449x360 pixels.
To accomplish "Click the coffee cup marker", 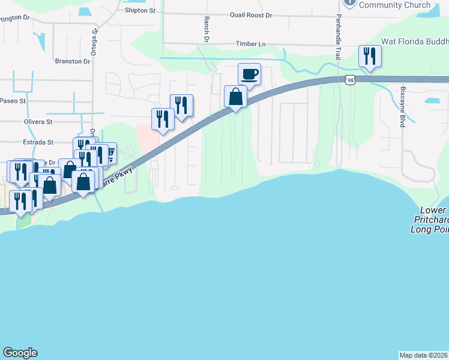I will [249, 74].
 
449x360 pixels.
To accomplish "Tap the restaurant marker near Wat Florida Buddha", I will [368, 57].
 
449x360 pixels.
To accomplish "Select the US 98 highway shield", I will [349, 80].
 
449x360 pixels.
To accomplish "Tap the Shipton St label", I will [140, 11].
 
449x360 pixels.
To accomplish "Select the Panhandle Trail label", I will [339, 36].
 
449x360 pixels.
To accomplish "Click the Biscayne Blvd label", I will [402, 107].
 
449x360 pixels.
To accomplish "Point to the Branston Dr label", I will [72, 61].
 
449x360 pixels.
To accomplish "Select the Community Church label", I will [394, 5].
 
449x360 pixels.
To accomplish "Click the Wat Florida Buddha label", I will [414, 41].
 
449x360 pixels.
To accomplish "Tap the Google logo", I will [20, 353].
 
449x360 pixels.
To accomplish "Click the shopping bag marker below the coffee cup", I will [235, 96].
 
